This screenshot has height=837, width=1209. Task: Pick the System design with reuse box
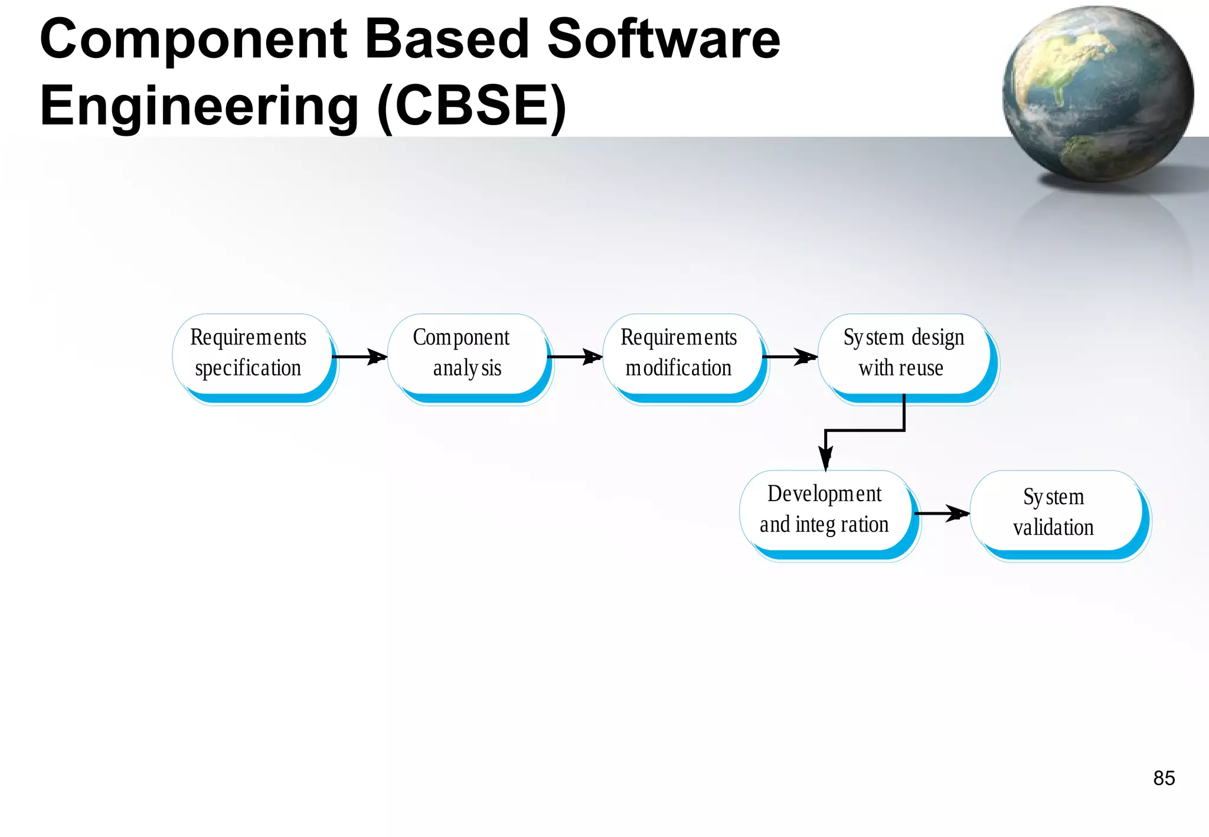[x=904, y=355]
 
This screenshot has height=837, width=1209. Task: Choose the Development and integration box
[x=825, y=511]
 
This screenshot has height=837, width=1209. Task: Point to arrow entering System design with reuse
[x=790, y=357]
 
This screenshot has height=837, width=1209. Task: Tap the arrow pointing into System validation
[x=942, y=513]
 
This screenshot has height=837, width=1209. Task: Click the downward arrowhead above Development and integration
[x=825, y=457]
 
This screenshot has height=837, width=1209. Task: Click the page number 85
[x=1164, y=778]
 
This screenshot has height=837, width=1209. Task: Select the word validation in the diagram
[x=1054, y=527]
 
